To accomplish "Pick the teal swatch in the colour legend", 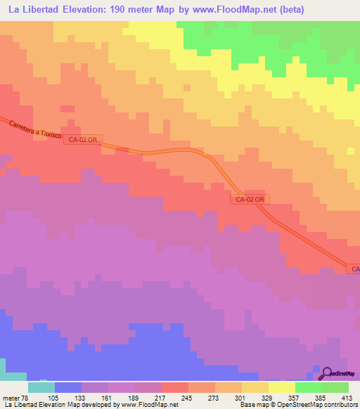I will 41,387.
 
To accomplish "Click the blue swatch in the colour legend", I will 68,387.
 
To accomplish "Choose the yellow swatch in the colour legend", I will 282,387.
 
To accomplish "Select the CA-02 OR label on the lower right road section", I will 250,200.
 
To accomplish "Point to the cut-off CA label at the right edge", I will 354,269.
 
